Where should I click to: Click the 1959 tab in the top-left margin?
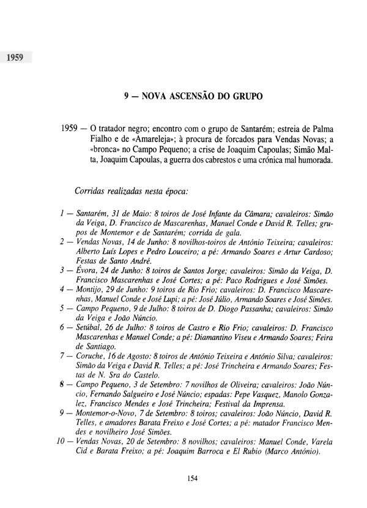click(x=15, y=59)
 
